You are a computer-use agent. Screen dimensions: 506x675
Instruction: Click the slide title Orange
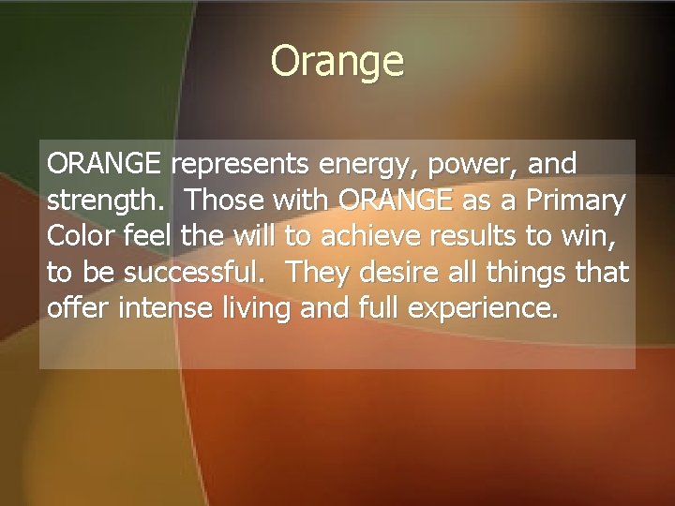point(337,62)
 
